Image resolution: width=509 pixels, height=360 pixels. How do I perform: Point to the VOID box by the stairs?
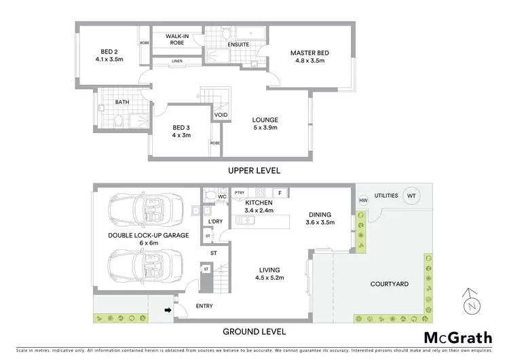221,115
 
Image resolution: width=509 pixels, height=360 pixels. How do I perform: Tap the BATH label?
122,103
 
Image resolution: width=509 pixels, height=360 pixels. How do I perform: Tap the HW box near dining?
362,201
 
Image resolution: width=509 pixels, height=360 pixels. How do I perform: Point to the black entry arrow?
168,312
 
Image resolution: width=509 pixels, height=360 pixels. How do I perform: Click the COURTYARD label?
390,284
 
